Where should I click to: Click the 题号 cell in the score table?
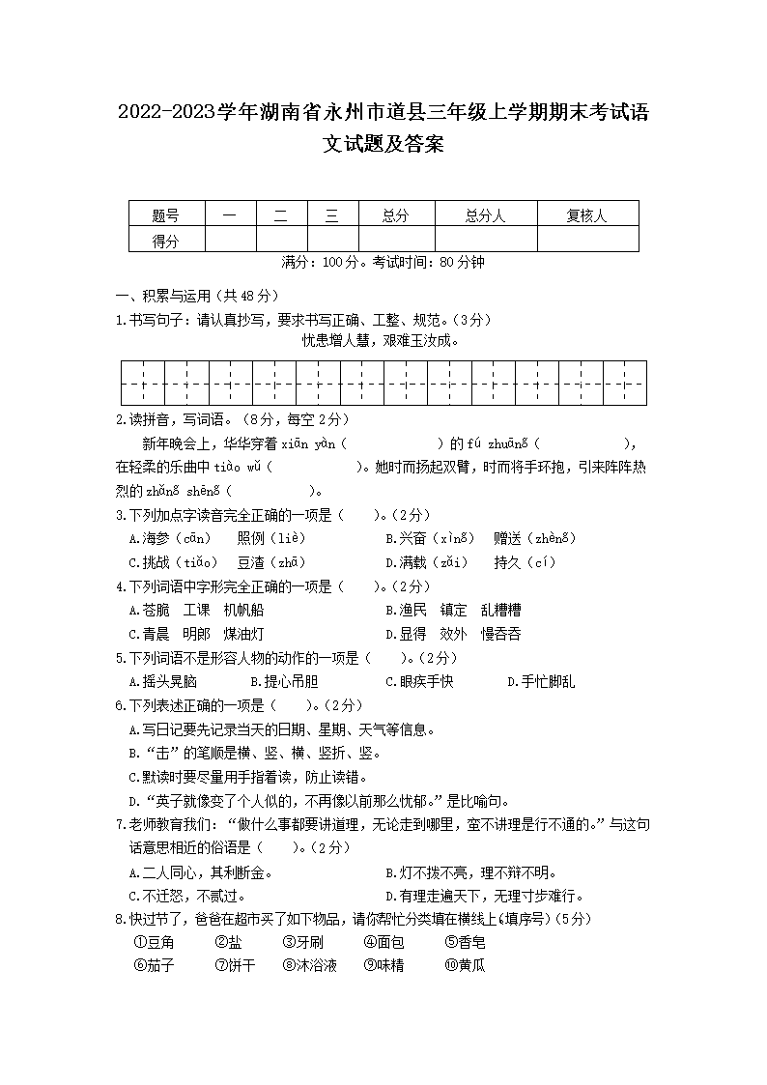point(166,215)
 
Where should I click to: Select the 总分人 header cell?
point(485,215)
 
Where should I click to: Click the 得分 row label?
point(166,241)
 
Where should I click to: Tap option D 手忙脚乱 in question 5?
point(541,681)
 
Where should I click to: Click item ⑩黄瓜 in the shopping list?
point(465,965)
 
